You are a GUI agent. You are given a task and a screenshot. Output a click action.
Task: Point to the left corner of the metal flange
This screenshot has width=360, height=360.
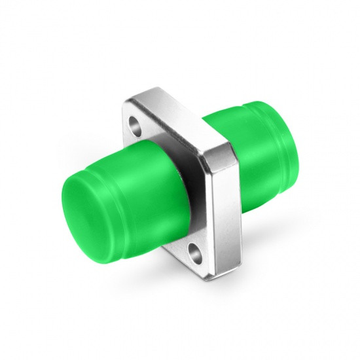tap(122, 111)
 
